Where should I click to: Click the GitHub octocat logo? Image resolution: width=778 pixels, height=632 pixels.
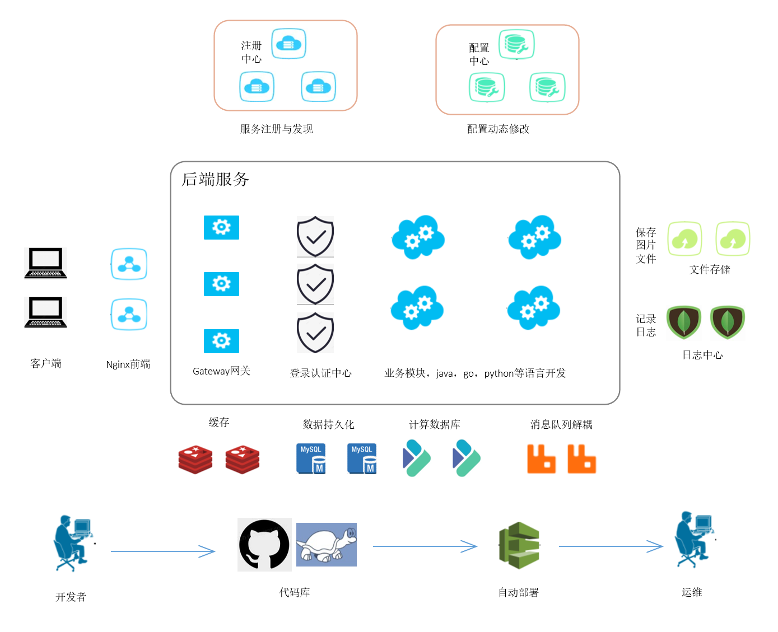click(264, 545)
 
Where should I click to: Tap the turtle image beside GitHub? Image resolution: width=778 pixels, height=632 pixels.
click(327, 545)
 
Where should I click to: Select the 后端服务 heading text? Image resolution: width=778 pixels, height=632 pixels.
click(215, 179)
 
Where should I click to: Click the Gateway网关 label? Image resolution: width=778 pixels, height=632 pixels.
click(221, 371)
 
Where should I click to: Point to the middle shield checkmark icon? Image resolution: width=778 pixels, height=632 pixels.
click(315, 284)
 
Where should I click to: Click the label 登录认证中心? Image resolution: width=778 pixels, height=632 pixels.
click(320, 373)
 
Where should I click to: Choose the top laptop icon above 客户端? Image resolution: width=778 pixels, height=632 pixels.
click(46, 263)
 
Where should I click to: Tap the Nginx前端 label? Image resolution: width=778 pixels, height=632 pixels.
click(128, 364)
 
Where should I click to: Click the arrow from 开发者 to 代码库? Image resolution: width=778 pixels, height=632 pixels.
click(162, 551)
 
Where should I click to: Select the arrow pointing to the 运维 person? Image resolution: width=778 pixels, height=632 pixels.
click(611, 546)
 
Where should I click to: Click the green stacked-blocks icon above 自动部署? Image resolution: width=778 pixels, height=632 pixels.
click(519, 545)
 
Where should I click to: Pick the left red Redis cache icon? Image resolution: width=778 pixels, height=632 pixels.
click(195, 460)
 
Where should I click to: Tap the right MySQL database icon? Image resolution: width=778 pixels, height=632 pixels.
click(362, 459)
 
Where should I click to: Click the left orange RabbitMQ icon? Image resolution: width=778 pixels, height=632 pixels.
click(541, 459)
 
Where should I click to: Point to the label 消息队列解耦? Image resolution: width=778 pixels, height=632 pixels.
click(561, 424)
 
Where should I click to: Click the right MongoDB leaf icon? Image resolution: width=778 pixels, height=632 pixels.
click(727, 322)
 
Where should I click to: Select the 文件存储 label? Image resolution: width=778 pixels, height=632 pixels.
click(710, 270)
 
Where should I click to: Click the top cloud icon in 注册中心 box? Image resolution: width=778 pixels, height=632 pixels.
click(289, 44)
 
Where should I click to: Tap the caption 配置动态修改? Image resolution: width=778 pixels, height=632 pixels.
click(498, 129)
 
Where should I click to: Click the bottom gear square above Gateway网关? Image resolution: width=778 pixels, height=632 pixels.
click(221, 341)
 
